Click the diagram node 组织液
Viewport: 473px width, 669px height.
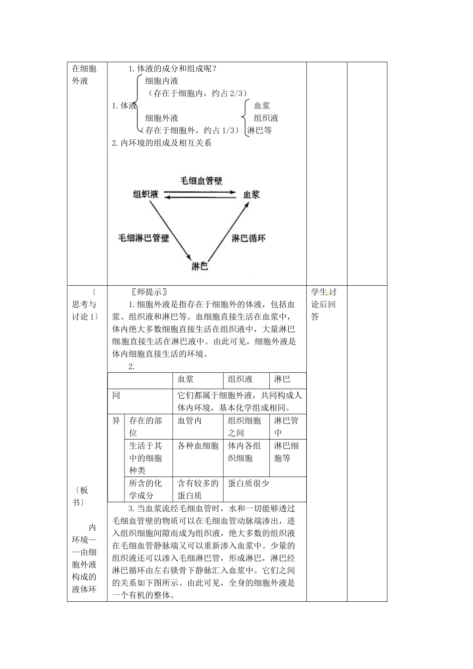(145, 195)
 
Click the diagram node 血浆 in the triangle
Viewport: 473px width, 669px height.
(251, 195)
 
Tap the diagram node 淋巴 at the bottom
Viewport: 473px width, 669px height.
(200, 266)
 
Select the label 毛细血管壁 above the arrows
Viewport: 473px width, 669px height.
(201, 181)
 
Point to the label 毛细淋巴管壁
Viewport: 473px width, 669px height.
(143, 238)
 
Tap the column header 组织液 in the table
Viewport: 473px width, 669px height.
(240, 379)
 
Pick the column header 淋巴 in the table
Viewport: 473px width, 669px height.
(282, 379)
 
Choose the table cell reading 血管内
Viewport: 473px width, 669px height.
(190, 421)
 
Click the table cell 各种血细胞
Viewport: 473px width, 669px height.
(198, 446)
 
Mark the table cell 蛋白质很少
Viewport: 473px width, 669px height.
(249, 483)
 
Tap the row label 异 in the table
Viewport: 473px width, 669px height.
(116, 421)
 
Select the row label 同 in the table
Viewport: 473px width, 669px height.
(116, 395)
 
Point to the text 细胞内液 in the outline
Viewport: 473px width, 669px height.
(162, 81)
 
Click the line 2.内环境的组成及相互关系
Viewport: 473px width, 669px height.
(162, 143)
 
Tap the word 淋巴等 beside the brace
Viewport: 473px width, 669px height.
(259, 130)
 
